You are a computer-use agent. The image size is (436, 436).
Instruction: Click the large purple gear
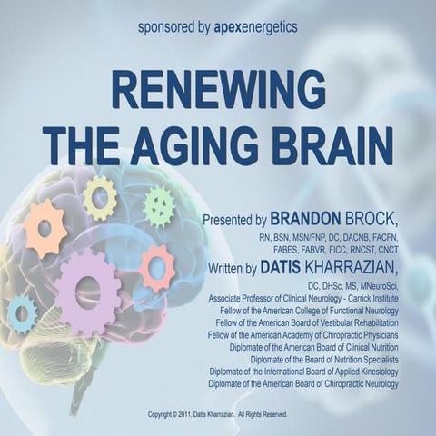click(88, 291)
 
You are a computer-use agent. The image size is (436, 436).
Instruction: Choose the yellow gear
click(99, 197)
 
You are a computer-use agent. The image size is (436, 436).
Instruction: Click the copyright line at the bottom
click(217, 414)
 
